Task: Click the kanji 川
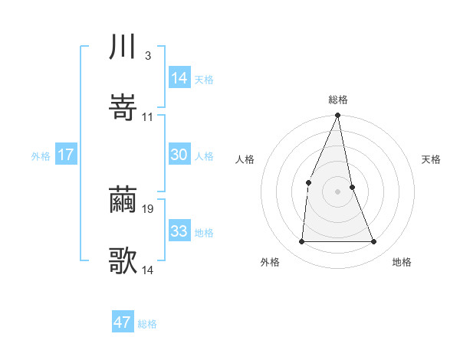[x=123, y=48]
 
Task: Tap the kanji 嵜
[x=123, y=109]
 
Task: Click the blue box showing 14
[x=179, y=78]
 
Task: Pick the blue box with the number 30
[x=179, y=155]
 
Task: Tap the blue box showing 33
[x=179, y=231]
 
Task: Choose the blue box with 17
[x=65, y=155]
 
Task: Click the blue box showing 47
[x=122, y=322]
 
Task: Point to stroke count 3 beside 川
[x=147, y=55]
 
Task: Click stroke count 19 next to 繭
[x=149, y=208]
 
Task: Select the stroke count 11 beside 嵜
[x=148, y=116]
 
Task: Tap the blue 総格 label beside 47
[x=147, y=324]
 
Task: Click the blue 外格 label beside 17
[x=41, y=156]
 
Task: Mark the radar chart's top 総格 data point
[x=337, y=116]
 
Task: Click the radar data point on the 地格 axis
[x=374, y=242]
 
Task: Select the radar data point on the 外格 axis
[x=301, y=242]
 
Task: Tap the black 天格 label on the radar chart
[x=432, y=159]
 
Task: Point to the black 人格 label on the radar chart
[x=245, y=159]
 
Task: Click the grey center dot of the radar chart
[x=337, y=191]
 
